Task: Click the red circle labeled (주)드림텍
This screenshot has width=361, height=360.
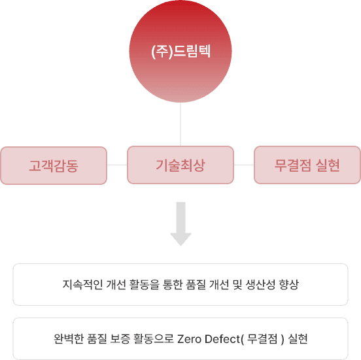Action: (x=180, y=51)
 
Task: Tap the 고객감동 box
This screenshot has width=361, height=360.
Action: (x=54, y=165)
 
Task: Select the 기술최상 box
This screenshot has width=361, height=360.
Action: (x=180, y=165)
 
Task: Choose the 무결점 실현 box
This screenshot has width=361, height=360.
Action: (x=307, y=165)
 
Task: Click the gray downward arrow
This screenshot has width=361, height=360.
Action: (x=180, y=223)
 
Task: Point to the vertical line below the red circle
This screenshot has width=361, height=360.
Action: (x=180, y=124)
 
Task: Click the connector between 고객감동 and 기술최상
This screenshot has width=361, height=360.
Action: (x=117, y=165)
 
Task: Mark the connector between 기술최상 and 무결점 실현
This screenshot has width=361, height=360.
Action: (x=244, y=165)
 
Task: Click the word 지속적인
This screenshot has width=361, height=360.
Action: (x=82, y=284)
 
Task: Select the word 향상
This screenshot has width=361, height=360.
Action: (x=289, y=284)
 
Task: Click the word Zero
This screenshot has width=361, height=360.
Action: (x=189, y=339)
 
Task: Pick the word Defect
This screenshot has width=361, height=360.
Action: (x=222, y=339)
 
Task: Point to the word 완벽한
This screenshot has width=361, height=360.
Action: (x=69, y=339)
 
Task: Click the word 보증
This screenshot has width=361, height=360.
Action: (x=120, y=339)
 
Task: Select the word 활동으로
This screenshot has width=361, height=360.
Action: (x=154, y=339)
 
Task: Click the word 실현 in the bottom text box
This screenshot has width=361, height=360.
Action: (x=298, y=339)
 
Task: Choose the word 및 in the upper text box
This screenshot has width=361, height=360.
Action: (x=237, y=284)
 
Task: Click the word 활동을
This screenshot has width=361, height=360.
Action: (x=144, y=284)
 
